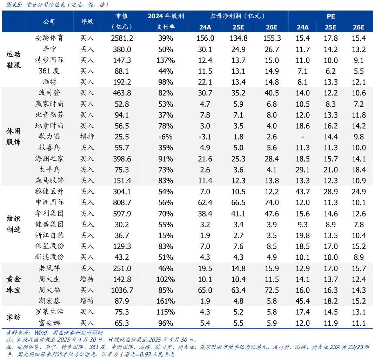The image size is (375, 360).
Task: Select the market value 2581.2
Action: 122,38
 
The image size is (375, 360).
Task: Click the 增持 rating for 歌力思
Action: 87,137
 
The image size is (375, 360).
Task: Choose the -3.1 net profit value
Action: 205,137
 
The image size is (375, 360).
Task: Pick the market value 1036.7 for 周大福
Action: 122,290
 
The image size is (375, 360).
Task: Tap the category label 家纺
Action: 14,317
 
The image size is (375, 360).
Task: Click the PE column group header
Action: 330,16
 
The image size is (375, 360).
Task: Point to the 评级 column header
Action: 87,21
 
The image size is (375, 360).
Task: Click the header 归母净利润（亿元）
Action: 237,16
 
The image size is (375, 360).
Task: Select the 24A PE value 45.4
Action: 303,301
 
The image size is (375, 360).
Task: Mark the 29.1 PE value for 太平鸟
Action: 303,170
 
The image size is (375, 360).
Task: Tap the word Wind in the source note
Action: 41,333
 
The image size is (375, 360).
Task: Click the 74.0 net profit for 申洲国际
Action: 272,202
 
